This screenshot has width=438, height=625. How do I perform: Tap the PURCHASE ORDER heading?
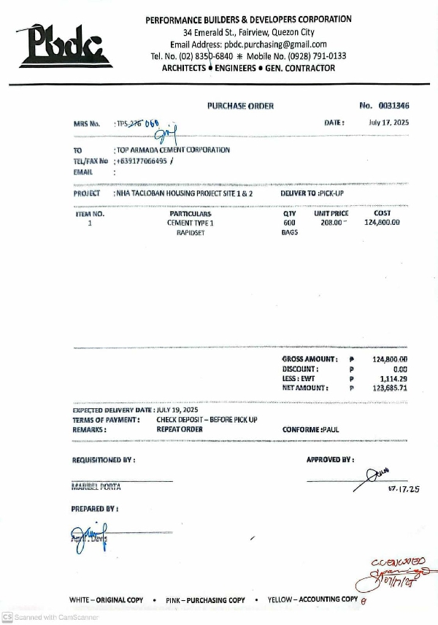click(240, 106)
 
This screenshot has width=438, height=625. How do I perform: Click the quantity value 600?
click(289, 223)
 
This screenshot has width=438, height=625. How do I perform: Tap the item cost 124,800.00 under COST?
click(381, 223)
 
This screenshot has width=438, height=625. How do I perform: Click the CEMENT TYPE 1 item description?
click(191, 223)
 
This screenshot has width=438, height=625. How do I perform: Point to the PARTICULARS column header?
click(191, 214)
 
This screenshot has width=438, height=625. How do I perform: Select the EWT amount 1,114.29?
click(393, 379)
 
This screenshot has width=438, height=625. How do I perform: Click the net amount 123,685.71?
click(390, 388)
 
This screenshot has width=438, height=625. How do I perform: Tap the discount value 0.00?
click(399, 369)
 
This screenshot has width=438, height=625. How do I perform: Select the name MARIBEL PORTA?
click(96, 486)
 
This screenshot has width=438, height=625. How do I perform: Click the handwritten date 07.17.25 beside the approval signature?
click(404, 489)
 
